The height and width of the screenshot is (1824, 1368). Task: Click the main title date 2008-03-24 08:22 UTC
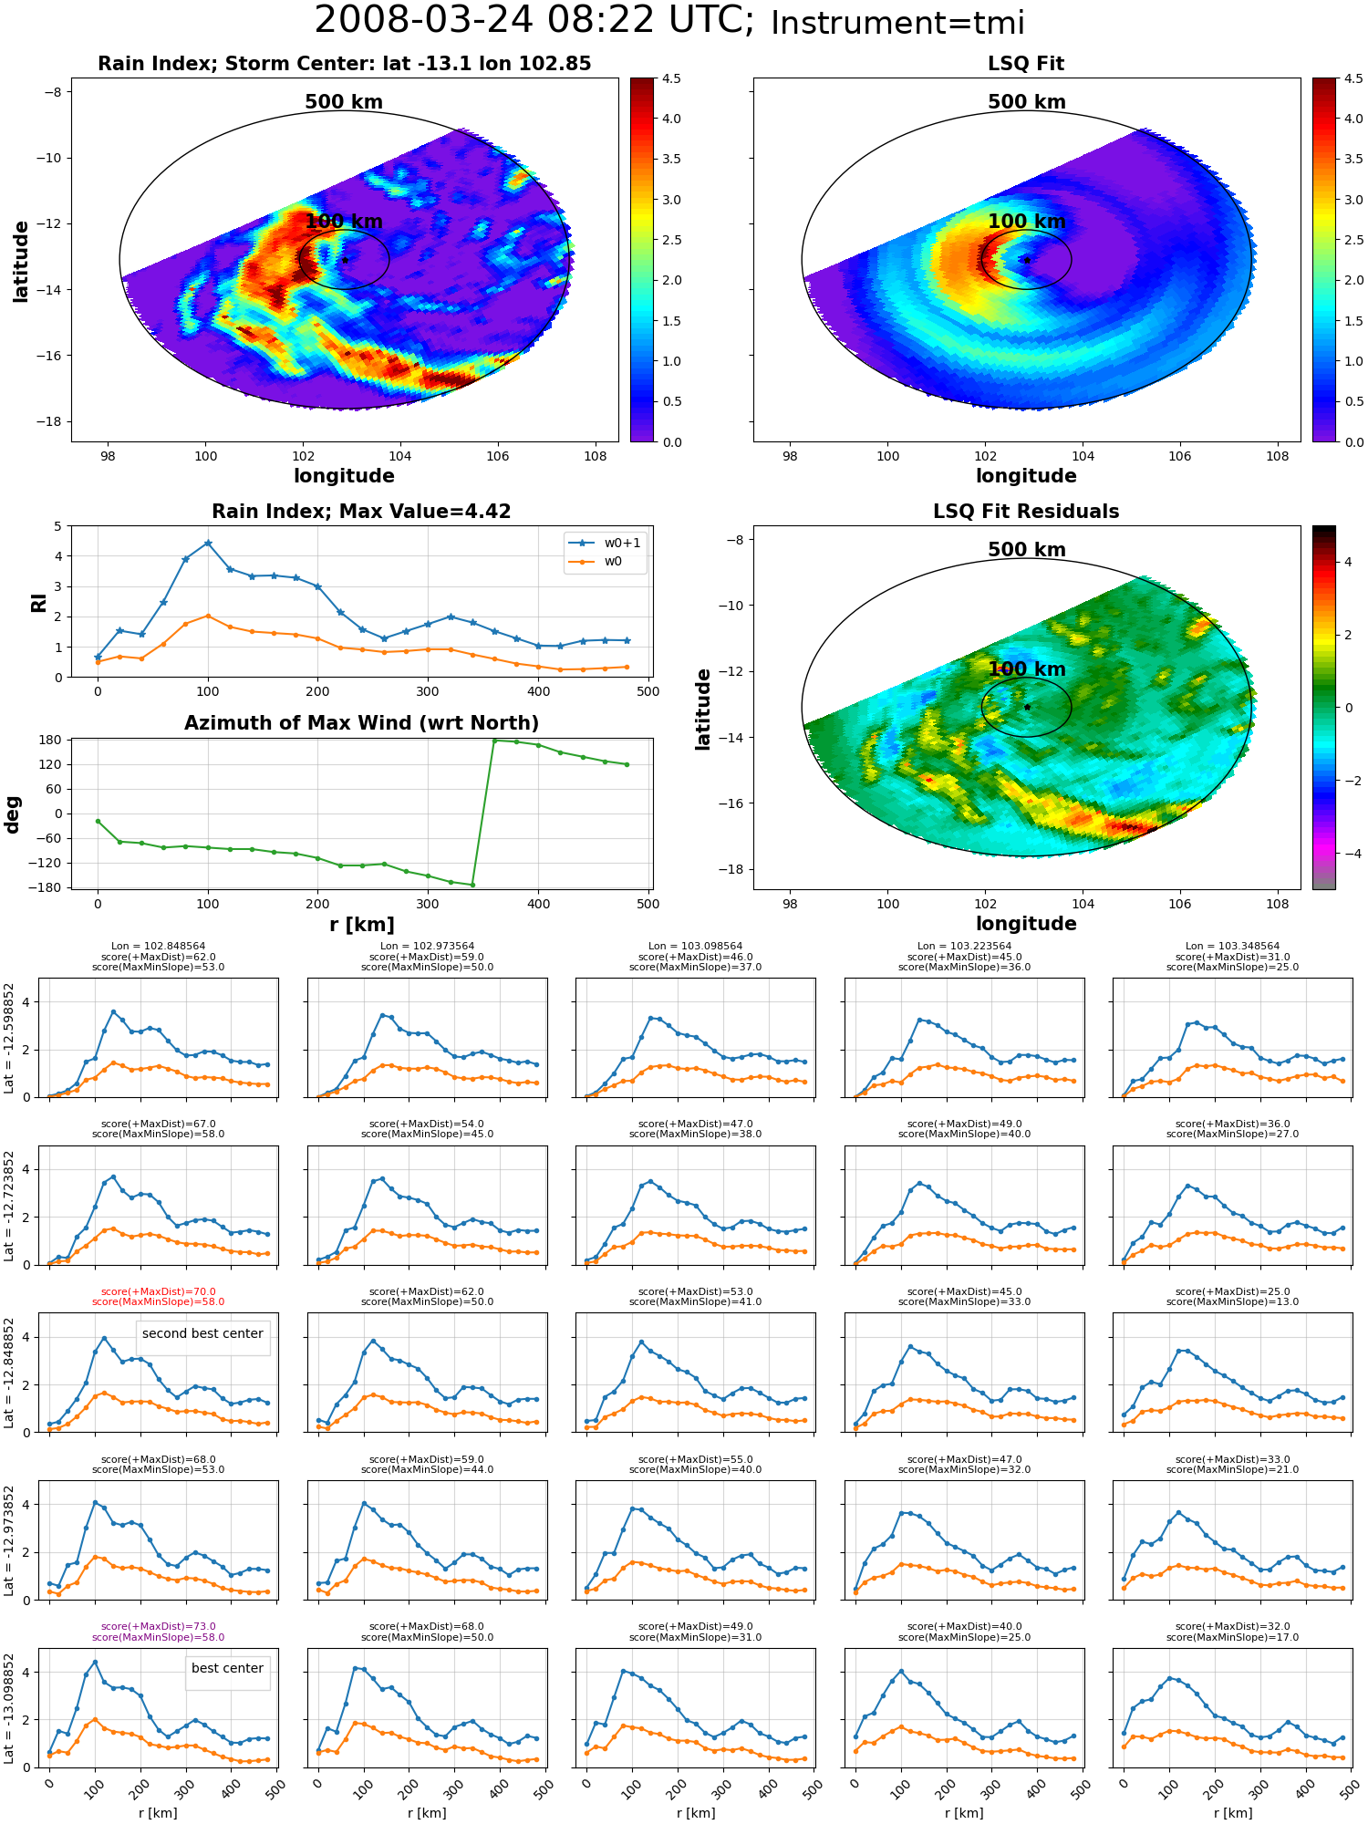point(534,20)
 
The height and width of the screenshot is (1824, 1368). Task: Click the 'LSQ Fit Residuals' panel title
point(1026,512)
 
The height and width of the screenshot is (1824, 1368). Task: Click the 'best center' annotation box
point(227,1668)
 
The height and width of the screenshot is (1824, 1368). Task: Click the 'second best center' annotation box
point(202,1333)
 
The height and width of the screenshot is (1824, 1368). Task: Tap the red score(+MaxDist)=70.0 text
point(159,1291)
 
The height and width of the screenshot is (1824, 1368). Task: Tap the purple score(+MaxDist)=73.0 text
point(159,1626)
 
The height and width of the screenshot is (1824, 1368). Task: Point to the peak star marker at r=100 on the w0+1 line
point(208,543)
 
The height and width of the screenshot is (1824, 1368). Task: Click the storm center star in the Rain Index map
point(346,260)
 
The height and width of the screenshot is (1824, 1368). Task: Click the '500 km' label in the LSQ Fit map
point(1027,102)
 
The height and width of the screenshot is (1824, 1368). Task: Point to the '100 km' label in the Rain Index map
point(344,222)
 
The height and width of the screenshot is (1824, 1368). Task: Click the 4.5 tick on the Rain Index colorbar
point(671,79)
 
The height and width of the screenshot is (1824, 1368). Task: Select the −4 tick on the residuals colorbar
point(1348,854)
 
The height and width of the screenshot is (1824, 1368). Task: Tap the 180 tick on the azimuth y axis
point(52,740)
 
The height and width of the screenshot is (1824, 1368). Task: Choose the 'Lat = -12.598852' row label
point(9,1038)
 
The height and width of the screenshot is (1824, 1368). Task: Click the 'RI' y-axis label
point(38,602)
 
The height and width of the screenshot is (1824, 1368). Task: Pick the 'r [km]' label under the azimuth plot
point(362,925)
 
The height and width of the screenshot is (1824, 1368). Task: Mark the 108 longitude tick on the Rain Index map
point(596,456)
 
